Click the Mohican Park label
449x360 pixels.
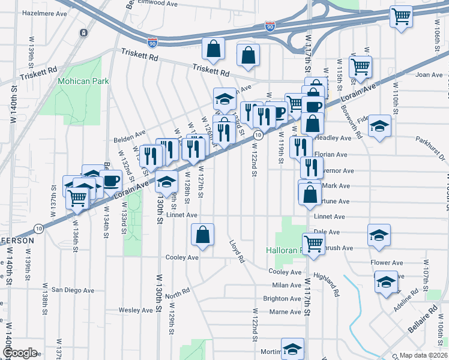coord(83,81)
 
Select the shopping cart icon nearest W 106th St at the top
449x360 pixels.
coord(401,17)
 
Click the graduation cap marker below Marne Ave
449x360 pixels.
coord(292,348)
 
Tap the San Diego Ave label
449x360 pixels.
coord(73,290)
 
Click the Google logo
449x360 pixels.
coord(19,353)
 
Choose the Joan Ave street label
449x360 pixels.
coord(429,75)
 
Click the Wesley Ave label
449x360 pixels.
coord(136,310)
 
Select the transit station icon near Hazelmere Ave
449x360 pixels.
coord(83,32)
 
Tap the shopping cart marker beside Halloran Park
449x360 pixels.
coord(313,244)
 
